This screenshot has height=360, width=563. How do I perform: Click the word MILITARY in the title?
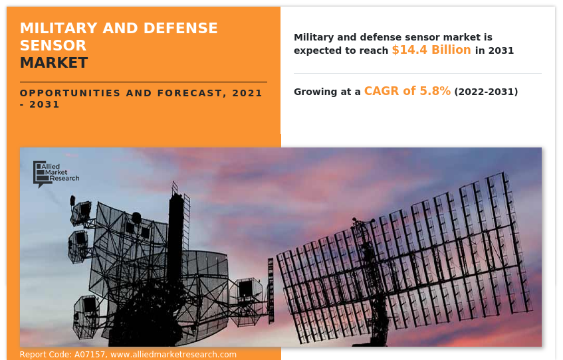point(59,28)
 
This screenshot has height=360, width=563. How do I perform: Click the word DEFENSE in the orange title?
point(181,28)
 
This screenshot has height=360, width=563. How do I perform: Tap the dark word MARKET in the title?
point(54,63)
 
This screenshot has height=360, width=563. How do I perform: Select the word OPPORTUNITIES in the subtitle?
point(70,93)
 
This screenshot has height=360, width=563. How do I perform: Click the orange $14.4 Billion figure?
point(431,50)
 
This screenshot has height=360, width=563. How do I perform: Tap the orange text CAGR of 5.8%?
point(407,91)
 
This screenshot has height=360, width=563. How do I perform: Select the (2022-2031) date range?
point(486,92)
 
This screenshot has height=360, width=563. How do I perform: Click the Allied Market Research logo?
point(56,174)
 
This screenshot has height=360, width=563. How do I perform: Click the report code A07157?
point(90,355)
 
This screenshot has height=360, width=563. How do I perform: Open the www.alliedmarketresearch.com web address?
point(173,355)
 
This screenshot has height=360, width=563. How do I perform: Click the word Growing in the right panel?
point(316,92)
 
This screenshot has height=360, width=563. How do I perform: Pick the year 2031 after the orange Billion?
point(501,50)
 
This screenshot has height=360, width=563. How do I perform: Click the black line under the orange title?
point(144,82)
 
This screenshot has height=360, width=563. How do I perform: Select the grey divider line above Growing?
point(417,73)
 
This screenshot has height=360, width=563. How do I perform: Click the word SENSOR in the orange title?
point(53,46)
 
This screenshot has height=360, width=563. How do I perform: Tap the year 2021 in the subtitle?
point(247,93)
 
